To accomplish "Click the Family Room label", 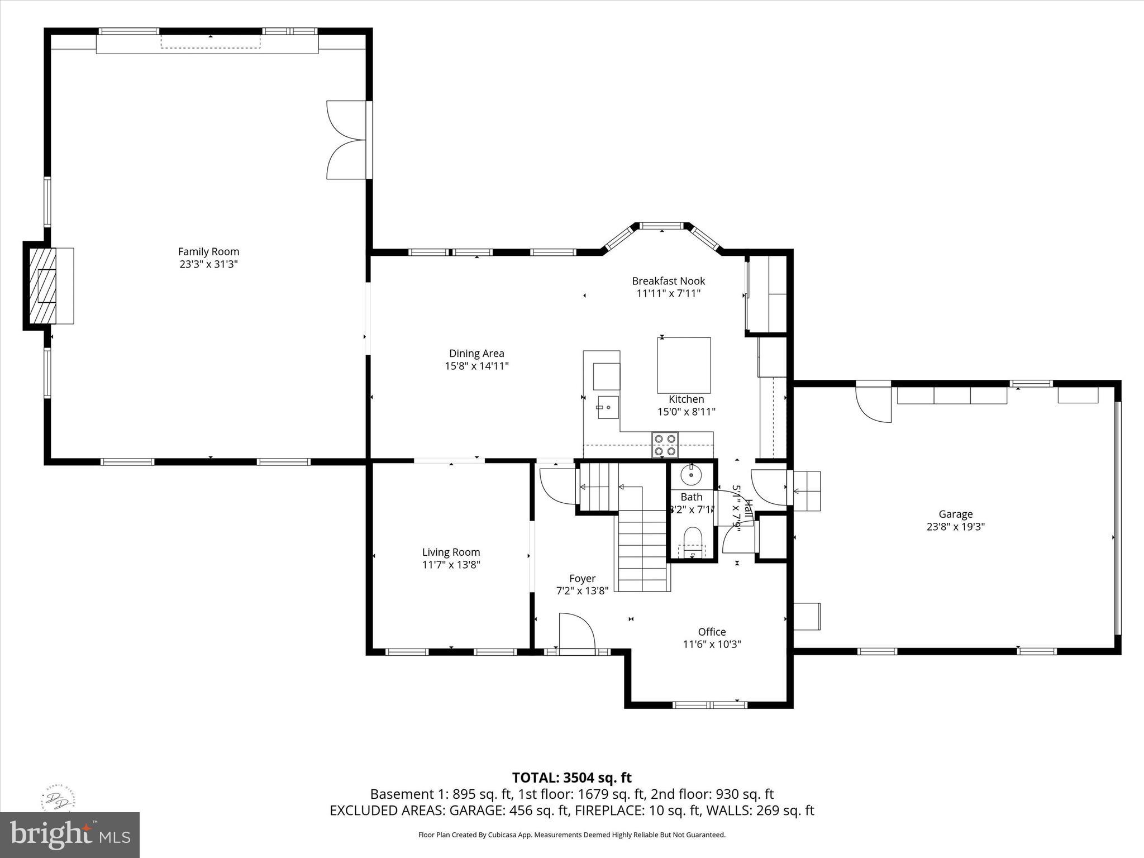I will pyautogui.click(x=208, y=252).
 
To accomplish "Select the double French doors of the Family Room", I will pyautogui.click(x=346, y=140).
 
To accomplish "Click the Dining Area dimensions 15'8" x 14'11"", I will pyautogui.click(x=476, y=366).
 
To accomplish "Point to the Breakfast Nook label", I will pyautogui.click(x=668, y=281).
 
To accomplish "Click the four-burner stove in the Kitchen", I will pyautogui.click(x=665, y=445).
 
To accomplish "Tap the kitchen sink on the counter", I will pyautogui.click(x=607, y=407).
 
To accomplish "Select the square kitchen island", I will pyautogui.click(x=684, y=365).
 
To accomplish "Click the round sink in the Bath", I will pyautogui.click(x=692, y=475).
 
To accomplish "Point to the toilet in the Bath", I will pyautogui.click(x=693, y=538).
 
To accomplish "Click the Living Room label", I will pyautogui.click(x=451, y=552).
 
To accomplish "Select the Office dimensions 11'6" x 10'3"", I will pyautogui.click(x=712, y=644).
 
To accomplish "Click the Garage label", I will pyautogui.click(x=955, y=514).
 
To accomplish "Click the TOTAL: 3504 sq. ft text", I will pyautogui.click(x=571, y=778).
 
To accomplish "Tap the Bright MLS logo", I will pyautogui.click(x=70, y=835).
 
